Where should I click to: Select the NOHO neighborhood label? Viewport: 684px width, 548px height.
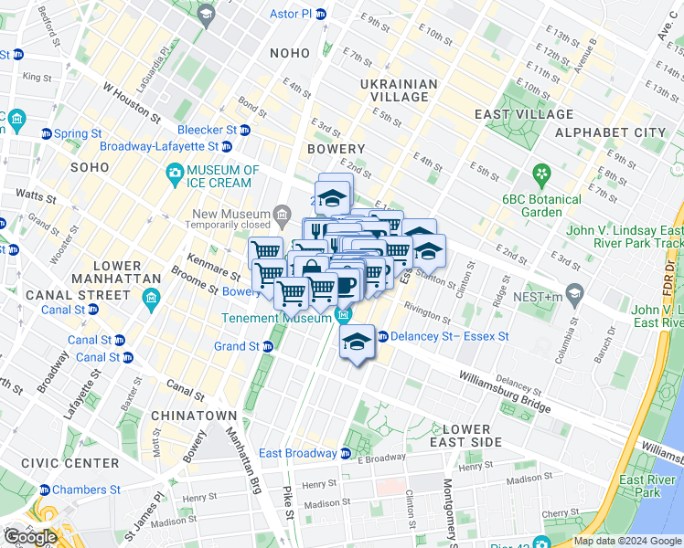290,54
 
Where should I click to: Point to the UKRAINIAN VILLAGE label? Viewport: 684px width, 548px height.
400,90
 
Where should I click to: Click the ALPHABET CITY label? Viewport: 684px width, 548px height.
611,132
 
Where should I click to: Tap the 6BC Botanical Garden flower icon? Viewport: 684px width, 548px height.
542,173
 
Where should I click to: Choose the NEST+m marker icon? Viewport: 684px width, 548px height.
574,294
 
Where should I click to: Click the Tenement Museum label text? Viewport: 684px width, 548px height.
276,319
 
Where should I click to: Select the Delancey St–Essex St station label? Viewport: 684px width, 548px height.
449,336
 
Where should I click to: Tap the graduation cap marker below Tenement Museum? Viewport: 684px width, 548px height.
355,343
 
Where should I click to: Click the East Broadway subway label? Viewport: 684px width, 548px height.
297,453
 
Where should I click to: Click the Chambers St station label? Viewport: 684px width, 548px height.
86,490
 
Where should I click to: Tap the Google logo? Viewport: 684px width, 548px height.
31,537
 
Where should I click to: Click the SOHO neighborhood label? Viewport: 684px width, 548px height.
89,168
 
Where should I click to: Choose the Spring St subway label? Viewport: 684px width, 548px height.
77,133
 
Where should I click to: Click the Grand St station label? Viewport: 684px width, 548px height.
237,346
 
